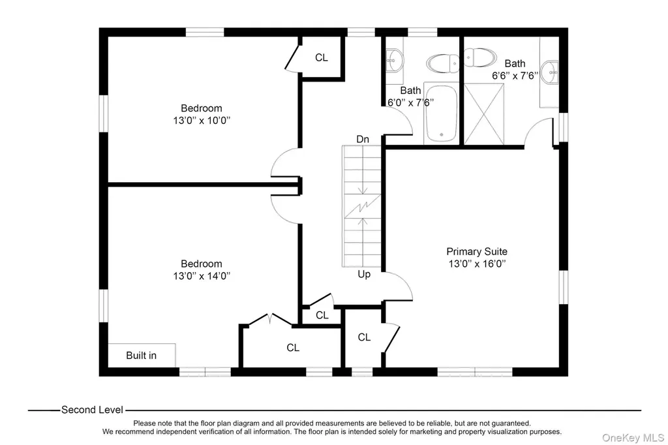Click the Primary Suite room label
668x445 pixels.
477,251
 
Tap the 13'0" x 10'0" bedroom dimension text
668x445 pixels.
202,121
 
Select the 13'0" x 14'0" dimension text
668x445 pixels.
202,276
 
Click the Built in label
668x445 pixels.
141,356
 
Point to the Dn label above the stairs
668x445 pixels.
363,140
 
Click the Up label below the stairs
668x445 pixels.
364,275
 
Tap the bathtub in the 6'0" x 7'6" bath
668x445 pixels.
442,112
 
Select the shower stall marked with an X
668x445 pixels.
484,114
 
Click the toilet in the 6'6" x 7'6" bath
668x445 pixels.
480,57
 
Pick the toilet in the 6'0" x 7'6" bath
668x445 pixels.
443,63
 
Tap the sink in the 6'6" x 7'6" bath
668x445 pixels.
550,72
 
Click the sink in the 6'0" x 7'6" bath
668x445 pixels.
395,61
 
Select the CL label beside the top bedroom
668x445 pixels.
322,57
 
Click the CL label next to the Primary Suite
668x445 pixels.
364,337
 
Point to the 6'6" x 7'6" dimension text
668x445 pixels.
515,76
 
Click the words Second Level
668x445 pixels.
92,410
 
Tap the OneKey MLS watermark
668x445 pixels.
633,438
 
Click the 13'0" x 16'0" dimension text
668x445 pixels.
477,264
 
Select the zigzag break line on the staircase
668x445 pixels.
362,207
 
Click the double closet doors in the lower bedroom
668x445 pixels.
270,319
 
